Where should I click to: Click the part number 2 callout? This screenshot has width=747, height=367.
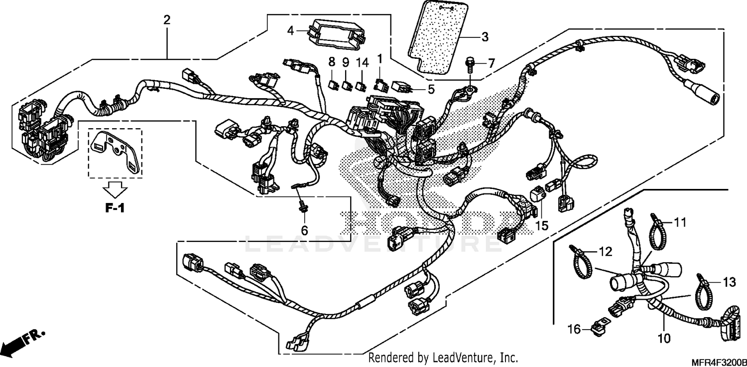pos(167,20)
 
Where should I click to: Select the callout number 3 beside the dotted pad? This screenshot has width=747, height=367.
pos(484,37)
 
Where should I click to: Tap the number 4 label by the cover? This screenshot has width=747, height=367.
pos(291,31)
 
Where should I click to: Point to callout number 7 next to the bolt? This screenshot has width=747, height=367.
pos(491,63)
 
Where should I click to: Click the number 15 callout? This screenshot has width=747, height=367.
pos(541,225)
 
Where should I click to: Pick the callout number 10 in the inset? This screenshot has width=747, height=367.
pos(663,339)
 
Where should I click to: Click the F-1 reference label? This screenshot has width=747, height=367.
pos(114,208)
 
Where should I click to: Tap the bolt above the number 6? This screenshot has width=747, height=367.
pos(302,207)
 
